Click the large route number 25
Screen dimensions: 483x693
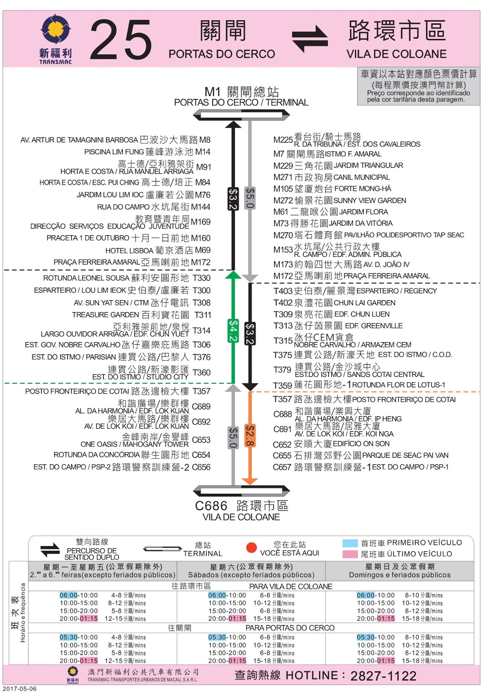click(x=121, y=40)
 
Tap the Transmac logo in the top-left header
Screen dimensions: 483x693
click(x=55, y=39)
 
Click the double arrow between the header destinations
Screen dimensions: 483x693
click(x=310, y=38)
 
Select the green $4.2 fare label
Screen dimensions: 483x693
click(x=233, y=330)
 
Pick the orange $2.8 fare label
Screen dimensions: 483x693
click(x=250, y=435)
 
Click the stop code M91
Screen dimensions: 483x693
click(x=203, y=167)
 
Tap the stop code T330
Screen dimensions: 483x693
click(x=202, y=278)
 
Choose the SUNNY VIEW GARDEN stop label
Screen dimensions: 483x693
click(x=370, y=201)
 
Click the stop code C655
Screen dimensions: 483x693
click(x=282, y=456)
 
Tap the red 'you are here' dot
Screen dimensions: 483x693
click(x=251, y=548)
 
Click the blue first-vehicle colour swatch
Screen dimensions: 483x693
click(x=350, y=543)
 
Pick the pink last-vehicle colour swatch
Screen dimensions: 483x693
click(x=350, y=554)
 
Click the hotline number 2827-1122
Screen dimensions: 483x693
click(x=383, y=676)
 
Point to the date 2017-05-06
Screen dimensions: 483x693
click(x=20, y=689)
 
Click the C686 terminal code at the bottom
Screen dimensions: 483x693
click(x=211, y=506)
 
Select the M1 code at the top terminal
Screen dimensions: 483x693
click(x=212, y=92)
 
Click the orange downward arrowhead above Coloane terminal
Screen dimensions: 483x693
click(x=250, y=481)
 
